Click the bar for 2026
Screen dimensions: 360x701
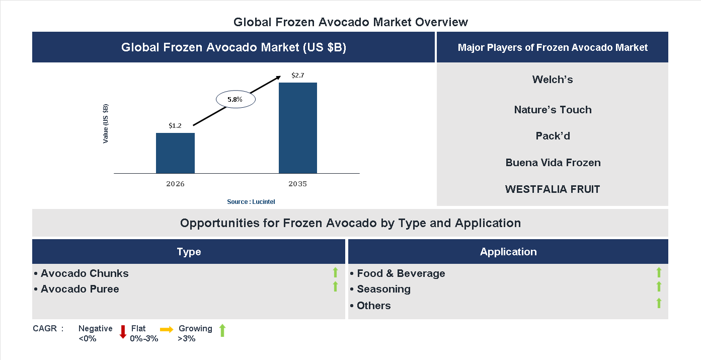[x=175, y=153]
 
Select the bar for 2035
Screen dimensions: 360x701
[x=298, y=128]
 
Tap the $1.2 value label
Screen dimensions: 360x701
[x=175, y=125]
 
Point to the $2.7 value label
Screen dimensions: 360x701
[x=298, y=76]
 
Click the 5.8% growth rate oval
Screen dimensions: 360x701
[x=236, y=100]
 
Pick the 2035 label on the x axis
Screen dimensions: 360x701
[x=298, y=184]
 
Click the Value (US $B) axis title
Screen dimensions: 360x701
[x=106, y=123]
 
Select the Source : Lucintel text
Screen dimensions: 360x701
[x=251, y=201]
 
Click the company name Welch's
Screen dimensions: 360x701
[x=553, y=80]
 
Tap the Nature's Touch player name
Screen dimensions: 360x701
[x=553, y=110]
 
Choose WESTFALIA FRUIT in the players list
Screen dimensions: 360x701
[x=553, y=189]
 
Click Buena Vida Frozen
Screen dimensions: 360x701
[x=553, y=163]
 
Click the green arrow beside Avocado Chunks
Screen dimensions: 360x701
[x=335, y=273]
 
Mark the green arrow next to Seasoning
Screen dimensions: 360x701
[x=659, y=287]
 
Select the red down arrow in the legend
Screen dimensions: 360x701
[x=123, y=332]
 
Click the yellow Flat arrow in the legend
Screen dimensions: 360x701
[x=167, y=329]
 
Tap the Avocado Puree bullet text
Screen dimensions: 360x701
[x=80, y=289]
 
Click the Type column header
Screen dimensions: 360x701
[x=189, y=252]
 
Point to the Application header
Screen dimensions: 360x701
[x=508, y=252]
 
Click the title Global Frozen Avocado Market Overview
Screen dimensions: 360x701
[x=351, y=22]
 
